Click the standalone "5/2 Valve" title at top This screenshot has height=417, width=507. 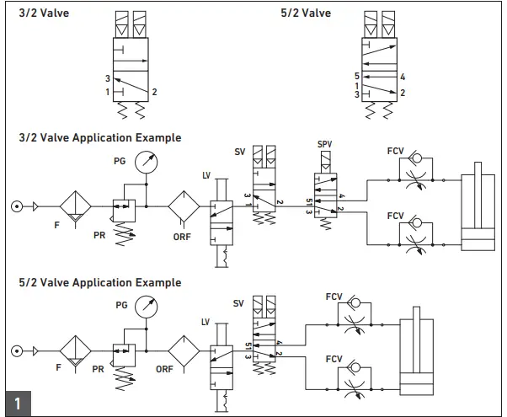[306, 13]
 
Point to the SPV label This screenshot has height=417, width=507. [325, 145]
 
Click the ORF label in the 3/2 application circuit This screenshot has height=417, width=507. [182, 237]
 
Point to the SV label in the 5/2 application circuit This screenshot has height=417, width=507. [239, 302]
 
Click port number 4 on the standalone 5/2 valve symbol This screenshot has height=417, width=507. [403, 77]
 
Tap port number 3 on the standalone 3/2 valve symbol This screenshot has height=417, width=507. [108, 78]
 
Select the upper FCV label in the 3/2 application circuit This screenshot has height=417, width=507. [395, 152]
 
